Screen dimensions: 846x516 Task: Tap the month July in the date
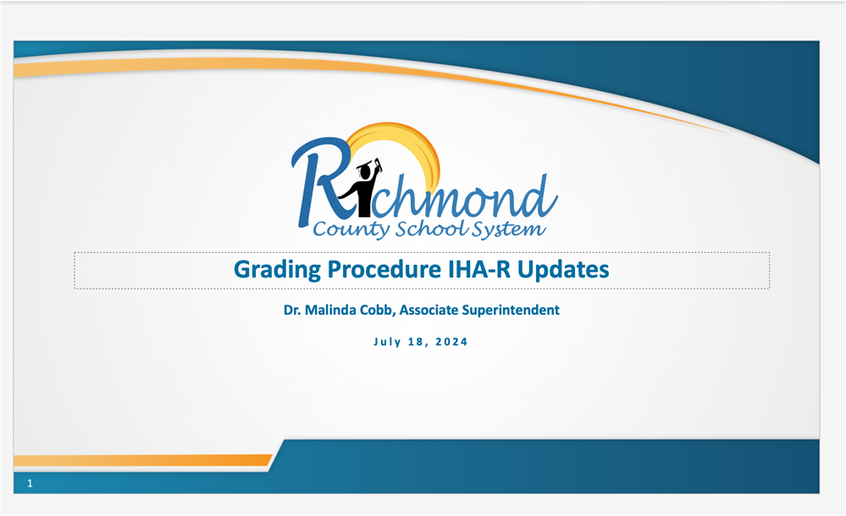click(387, 342)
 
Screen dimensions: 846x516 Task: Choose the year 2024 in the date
click(451, 342)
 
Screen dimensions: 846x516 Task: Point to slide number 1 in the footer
click(30, 484)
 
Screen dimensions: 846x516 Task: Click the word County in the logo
click(351, 230)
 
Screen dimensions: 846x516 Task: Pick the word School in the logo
click(431, 228)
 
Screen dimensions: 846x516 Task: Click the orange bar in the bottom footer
click(143, 460)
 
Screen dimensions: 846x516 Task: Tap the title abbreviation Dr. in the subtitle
click(292, 310)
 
